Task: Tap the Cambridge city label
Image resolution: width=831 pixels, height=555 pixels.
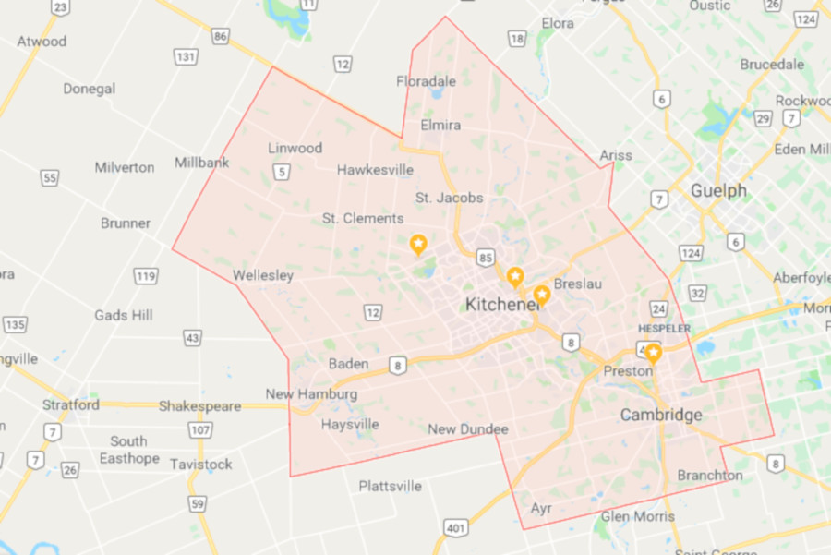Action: [x=661, y=416]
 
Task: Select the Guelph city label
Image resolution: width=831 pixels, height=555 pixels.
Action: [x=718, y=191]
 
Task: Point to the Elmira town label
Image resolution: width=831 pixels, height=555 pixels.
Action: [x=440, y=125]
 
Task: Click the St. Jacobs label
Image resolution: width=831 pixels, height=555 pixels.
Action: [x=449, y=198]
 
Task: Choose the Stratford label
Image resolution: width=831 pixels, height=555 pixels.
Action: [x=71, y=405]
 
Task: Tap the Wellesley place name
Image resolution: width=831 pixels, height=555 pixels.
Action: [x=263, y=275]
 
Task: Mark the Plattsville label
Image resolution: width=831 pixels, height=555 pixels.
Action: [x=390, y=486]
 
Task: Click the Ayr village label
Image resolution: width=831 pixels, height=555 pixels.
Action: [x=541, y=508]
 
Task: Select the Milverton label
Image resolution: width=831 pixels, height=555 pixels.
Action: [x=125, y=167]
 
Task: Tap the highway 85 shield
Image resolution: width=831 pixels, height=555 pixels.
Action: [x=486, y=256]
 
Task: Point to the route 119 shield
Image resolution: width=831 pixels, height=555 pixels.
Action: [x=145, y=276]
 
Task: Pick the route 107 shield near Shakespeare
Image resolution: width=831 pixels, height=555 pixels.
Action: [x=200, y=430]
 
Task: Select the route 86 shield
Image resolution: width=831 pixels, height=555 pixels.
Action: [x=220, y=36]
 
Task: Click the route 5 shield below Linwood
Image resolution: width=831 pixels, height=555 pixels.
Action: [x=282, y=170]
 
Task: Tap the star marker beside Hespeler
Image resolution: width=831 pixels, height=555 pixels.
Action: [x=653, y=353]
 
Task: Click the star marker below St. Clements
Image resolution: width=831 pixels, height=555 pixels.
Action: [x=418, y=244]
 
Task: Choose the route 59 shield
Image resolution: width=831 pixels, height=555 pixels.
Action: [x=197, y=503]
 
